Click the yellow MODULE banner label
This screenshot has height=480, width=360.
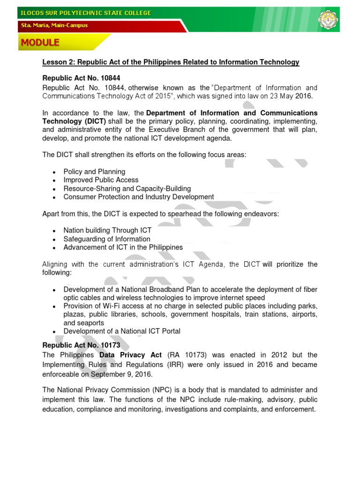click(x=40, y=43)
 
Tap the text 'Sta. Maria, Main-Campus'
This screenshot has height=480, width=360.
click(x=54, y=25)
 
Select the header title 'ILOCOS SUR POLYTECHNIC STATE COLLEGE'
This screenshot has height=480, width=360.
click(x=85, y=13)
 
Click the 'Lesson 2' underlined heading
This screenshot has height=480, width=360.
click(x=171, y=62)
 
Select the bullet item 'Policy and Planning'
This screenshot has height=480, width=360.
click(x=94, y=172)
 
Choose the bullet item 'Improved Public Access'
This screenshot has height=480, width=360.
click(x=101, y=180)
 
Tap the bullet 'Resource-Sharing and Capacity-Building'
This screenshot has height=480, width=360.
click(x=127, y=188)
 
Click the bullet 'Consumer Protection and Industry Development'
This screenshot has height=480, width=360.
click(x=139, y=197)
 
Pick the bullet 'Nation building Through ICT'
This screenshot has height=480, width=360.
click(x=107, y=231)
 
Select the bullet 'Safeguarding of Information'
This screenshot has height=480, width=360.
click(x=107, y=239)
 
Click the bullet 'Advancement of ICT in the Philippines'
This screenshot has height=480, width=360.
click(x=123, y=247)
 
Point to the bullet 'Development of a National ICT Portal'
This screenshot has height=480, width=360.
click(x=122, y=331)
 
